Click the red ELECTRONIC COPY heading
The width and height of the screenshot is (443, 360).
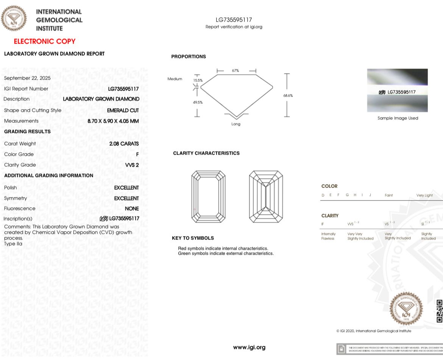point(45,41)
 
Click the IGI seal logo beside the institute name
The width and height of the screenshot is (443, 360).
point(14,18)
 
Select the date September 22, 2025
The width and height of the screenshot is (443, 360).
point(27,78)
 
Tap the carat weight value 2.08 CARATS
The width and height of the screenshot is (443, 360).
point(124,144)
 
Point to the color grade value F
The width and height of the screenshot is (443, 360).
point(137,154)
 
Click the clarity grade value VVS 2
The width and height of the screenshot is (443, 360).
point(132,165)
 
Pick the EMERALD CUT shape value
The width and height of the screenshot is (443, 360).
point(123,110)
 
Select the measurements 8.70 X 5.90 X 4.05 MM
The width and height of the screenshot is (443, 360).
point(113,121)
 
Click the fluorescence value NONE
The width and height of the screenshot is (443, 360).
point(132,208)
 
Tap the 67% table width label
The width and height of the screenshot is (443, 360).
point(236,70)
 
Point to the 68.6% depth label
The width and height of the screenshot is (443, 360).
point(288,95)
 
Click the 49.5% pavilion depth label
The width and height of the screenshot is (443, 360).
point(198,102)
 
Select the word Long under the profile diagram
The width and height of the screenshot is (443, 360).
point(236,124)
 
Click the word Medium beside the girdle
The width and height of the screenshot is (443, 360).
point(175,79)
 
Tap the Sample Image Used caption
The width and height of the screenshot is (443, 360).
point(398,118)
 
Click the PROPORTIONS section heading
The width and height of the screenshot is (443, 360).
point(189,56)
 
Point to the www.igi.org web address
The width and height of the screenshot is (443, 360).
point(249,347)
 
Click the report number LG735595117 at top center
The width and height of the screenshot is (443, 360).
point(234,20)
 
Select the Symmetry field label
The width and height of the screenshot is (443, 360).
point(16,198)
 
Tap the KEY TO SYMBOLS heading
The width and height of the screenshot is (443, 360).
point(193,238)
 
